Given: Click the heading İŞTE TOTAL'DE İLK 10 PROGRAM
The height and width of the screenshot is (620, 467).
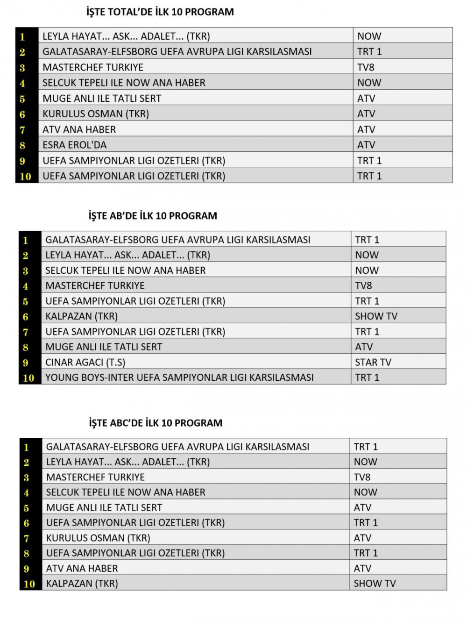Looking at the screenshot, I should (160, 12).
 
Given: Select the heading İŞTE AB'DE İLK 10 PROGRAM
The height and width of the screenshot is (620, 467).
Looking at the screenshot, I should (153, 216).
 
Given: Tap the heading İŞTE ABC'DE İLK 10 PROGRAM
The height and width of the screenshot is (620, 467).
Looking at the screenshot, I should (156, 423).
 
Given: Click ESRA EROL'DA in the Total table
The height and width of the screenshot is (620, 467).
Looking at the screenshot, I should (75, 145).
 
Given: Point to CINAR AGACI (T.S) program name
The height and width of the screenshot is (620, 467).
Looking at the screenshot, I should (85, 362).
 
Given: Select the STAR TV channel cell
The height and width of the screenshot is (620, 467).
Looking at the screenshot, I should (373, 362).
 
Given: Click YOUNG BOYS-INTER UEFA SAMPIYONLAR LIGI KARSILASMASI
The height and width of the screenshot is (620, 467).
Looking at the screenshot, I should (179, 377).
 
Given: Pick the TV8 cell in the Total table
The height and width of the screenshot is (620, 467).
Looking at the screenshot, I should (366, 67).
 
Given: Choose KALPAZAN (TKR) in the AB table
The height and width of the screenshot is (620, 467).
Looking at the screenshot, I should (82, 316).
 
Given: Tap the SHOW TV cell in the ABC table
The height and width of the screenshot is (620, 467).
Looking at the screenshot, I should (375, 583).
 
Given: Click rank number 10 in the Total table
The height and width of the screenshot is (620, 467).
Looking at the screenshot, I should (26, 176).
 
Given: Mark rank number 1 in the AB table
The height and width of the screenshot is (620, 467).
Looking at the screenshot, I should (26, 240).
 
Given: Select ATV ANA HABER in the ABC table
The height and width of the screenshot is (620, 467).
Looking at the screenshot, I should (82, 568).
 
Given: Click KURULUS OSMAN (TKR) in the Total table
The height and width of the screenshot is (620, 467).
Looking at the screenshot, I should (96, 114).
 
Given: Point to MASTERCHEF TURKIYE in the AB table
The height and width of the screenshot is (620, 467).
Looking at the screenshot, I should (95, 285).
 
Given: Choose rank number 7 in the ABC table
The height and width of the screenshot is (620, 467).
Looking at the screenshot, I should (27, 538).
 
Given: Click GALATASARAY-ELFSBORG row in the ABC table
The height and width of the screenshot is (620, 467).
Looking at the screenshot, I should (177, 447).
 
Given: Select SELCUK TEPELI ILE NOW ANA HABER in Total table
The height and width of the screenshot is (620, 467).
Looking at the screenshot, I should (124, 83).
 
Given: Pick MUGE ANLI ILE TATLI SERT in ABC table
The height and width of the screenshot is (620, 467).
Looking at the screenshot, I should (104, 507).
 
